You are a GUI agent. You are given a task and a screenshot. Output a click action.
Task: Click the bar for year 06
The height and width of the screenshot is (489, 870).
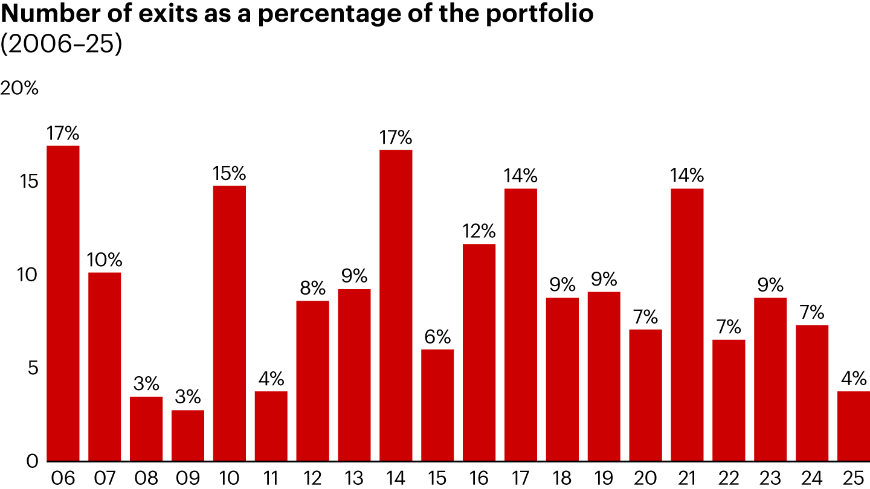click(63, 304)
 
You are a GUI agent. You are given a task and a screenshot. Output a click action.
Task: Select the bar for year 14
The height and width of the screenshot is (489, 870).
click(396, 305)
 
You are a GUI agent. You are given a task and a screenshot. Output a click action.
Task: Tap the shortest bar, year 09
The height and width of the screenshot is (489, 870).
click(188, 436)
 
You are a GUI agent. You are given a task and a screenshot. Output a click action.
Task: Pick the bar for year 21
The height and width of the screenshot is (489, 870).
click(687, 325)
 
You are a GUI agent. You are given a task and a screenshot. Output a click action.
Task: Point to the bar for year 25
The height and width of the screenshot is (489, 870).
click(853, 426)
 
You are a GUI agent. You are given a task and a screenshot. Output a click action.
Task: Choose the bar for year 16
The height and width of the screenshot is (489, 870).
click(479, 353)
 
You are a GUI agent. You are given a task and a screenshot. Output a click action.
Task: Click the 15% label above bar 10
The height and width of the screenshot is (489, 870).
click(230, 174)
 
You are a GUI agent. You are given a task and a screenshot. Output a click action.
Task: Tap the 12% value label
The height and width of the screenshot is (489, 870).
click(479, 232)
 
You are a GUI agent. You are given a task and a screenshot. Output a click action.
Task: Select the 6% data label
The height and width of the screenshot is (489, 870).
click(437, 337)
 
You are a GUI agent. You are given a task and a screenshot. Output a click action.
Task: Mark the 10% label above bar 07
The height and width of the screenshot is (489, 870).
click(105, 261)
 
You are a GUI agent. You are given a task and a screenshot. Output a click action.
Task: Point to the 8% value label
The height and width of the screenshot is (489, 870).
click(313, 289)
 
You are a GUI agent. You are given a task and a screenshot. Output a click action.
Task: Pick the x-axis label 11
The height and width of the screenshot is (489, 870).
click(271, 478)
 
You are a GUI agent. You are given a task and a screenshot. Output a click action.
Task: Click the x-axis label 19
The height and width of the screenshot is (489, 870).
click(604, 478)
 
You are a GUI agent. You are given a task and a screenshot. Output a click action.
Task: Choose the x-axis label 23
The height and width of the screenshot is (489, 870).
click(770, 478)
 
